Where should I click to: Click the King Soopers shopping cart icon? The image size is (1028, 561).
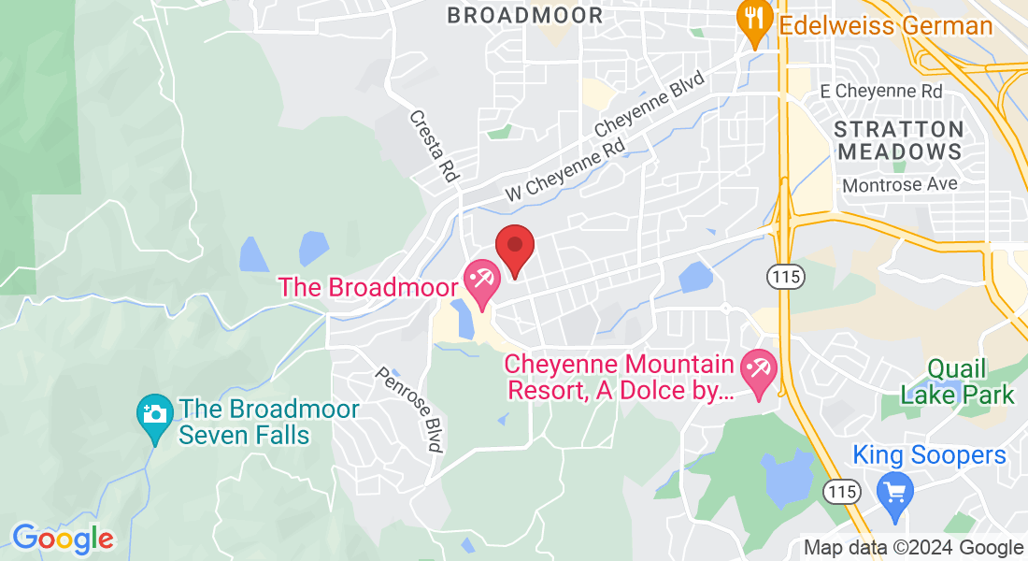(x=895, y=490)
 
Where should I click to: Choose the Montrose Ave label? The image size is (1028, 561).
(x=900, y=185)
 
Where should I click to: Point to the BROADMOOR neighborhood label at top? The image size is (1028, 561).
(x=524, y=15)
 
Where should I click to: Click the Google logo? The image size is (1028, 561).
(x=63, y=539)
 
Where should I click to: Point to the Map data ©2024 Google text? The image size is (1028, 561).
(x=913, y=548)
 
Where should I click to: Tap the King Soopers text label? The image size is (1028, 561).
(x=929, y=455)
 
